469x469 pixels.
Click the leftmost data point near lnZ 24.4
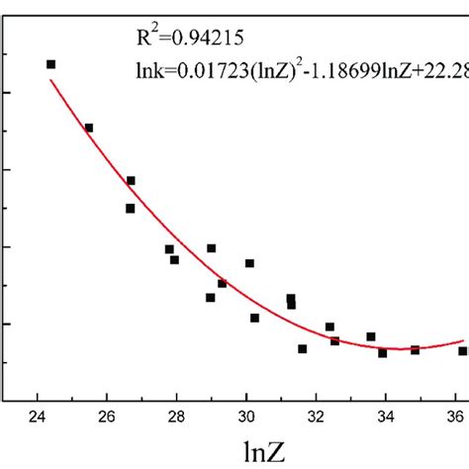[x=51, y=64]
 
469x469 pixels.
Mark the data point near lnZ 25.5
[x=89, y=128]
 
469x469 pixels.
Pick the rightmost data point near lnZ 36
[x=462, y=350]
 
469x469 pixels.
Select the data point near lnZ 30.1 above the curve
[x=249, y=263]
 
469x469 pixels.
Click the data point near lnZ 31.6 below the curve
[x=302, y=348]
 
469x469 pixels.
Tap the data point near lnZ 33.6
[x=371, y=337]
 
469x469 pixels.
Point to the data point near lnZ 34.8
[x=415, y=349]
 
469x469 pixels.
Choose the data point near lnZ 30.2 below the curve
[x=254, y=318]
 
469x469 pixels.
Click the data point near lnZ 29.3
[x=222, y=283]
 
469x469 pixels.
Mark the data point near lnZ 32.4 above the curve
[x=329, y=327]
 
